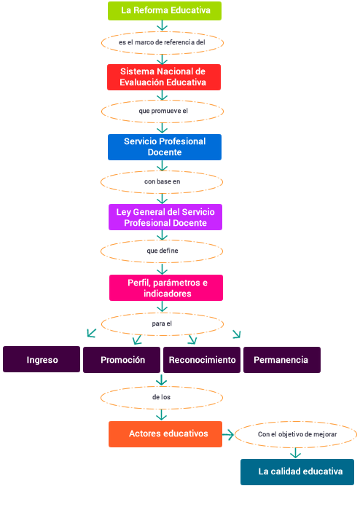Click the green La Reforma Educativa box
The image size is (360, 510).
coord(165,11)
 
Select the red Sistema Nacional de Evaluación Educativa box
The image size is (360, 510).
coord(164,77)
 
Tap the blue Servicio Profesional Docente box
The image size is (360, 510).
coord(165,147)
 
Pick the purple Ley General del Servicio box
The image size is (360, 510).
coord(165,217)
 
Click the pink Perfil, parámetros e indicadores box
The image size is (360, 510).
coord(166,288)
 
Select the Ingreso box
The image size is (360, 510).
coord(42,359)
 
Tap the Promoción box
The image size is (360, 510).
coord(122,360)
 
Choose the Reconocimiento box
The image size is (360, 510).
coord(202,360)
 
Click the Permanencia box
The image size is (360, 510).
coord(282,360)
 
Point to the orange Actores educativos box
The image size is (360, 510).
coord(165,434)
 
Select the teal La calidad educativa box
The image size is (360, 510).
coord(297,472)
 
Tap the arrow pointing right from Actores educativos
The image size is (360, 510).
coord(228,434)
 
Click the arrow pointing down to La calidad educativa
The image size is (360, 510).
coord(295,452)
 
